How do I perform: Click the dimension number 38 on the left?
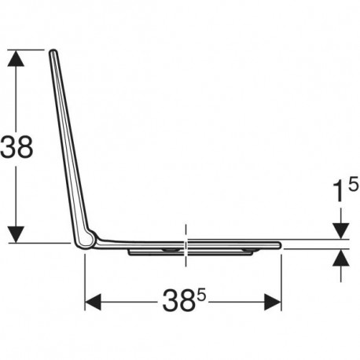click(x=17, y=147)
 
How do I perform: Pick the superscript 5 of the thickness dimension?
click(x=353, y=184)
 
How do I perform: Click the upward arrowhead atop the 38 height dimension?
click(x=16, y=58)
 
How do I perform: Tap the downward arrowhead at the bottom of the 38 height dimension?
click(x=16, y=234)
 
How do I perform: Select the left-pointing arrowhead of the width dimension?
click(x=93, y=302)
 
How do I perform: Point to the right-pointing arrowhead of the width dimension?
click(x=273, y=302)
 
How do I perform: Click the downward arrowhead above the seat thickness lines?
click(x=340, y=231)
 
